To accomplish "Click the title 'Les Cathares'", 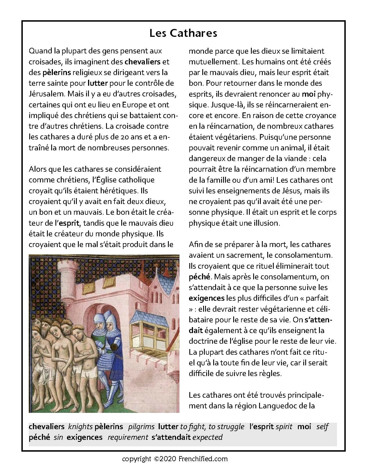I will click(x=183, y=33).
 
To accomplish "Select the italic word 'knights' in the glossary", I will click(x=80, y=427).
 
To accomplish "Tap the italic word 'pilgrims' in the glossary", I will click(x=141, y=427).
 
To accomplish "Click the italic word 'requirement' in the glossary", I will click(x=128, y=437).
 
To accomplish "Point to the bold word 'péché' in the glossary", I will click(x=39, y=437).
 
